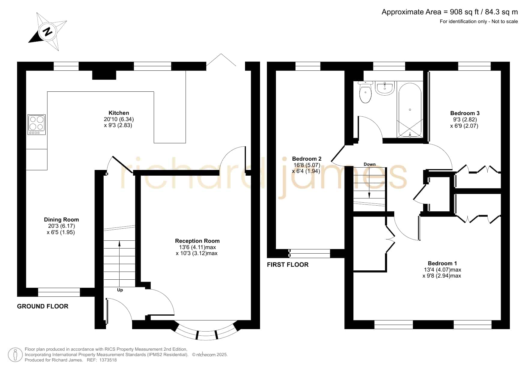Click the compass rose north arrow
(48, 31)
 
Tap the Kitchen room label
(119, 113)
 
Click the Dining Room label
(61, 220)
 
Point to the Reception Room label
(197, 241)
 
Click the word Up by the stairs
(120, 290)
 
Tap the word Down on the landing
(370, 164)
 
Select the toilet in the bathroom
(365, 92)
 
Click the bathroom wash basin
(385, 88)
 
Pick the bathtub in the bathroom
(410, 109)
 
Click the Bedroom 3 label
(465, 113)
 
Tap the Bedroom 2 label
(307, 159)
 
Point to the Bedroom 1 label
(442, 263)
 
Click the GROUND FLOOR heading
(43, 306)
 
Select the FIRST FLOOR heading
(288, 265)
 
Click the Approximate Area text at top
(450, 12)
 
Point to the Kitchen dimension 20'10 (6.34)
(119, 119)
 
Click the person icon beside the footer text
(15, 355)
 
